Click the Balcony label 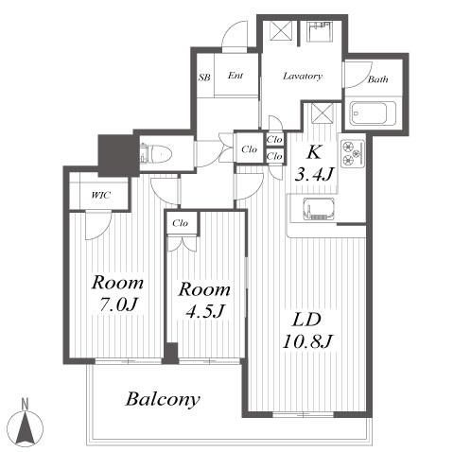163,399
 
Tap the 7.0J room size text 118,304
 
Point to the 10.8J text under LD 307,341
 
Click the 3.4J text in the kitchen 314,174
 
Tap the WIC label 101,195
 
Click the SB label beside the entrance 204,78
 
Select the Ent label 235,76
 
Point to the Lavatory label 303,76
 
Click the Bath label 377,79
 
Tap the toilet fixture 156,154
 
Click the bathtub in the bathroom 374,113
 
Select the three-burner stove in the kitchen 353,153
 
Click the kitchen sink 319,208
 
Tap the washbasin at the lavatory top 320,31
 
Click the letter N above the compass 25,404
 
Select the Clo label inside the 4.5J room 181,223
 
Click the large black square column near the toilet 118,155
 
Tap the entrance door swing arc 232,30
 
